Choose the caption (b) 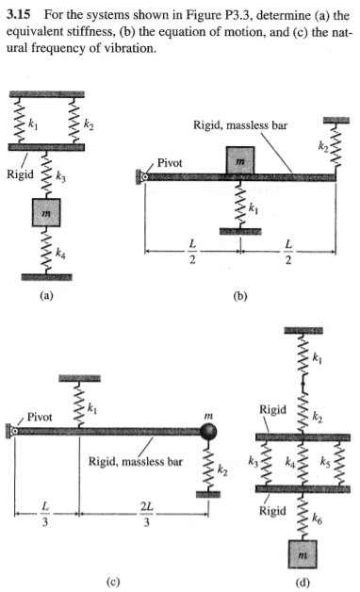click(x=242, y=294)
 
